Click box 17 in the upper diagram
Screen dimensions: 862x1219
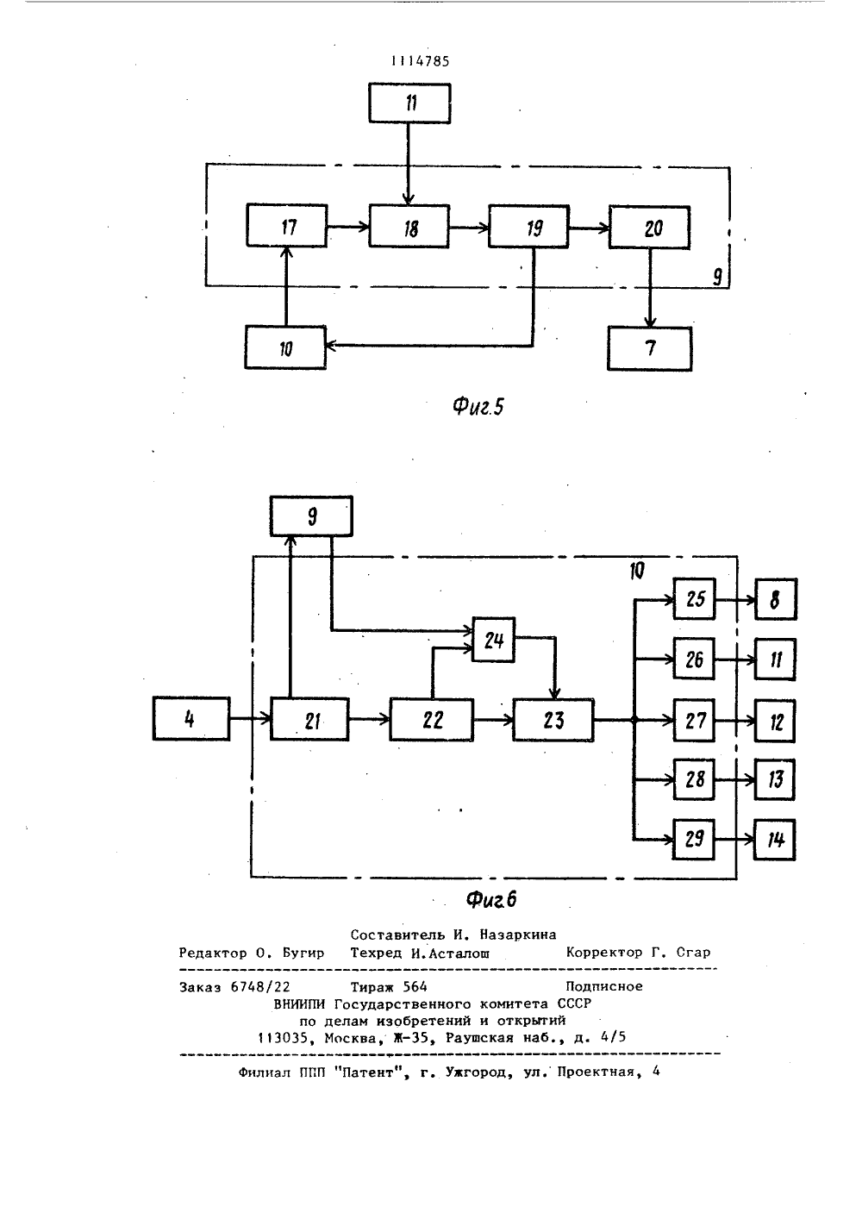click(287, 225)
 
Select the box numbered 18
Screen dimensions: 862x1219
click(409, 227)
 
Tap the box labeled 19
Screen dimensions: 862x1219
click(529, 227)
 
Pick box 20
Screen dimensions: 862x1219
click(649, 228)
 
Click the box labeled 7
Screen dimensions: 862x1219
click(650, 349)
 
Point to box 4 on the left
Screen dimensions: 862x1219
click(191, 719)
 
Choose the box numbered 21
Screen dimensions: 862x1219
click(309, 719)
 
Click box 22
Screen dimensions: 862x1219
click(432, 720)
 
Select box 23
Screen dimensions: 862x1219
click(553, 720)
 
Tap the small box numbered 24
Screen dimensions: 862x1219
click(494, 640)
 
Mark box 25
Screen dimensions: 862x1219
click(694, 599)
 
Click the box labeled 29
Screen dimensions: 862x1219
click(694, 839)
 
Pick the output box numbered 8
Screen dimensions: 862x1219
click(776, 599)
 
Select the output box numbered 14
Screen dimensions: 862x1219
click(775, 840)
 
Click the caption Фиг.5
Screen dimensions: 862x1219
click(478, 406)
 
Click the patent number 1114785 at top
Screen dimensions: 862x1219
click(420, 61)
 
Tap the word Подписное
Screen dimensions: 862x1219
click(604, 986)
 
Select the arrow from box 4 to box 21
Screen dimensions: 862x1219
click(250, 719)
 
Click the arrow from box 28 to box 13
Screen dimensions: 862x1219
click(734, 780)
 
